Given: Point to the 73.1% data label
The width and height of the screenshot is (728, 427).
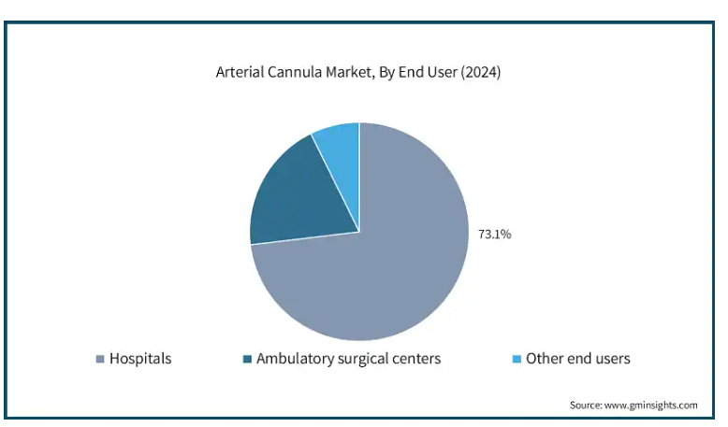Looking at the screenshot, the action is (494, 235).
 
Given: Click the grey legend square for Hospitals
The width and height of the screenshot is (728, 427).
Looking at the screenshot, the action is (100, 359).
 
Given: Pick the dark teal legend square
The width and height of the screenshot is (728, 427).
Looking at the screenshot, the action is (247, 359).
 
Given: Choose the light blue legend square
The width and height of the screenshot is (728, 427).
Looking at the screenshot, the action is (517, 359).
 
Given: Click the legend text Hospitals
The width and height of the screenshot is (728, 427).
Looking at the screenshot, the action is (140, 359).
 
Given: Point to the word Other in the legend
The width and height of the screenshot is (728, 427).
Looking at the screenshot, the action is (543, 359).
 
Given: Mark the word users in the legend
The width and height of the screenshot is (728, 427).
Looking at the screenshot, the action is (612, 360).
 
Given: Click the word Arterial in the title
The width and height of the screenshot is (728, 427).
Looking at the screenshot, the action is (240, 72).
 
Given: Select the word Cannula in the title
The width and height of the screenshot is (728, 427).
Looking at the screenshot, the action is (295, 72).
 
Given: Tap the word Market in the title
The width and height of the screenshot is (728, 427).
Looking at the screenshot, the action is (350, 73).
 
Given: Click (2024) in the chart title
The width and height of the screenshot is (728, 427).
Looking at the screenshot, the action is (481, 72).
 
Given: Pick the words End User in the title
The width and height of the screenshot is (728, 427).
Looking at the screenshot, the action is (428, 72).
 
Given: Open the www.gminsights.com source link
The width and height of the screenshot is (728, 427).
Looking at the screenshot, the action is (651, 406).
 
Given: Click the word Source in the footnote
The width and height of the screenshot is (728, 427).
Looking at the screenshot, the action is (586, 405).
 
